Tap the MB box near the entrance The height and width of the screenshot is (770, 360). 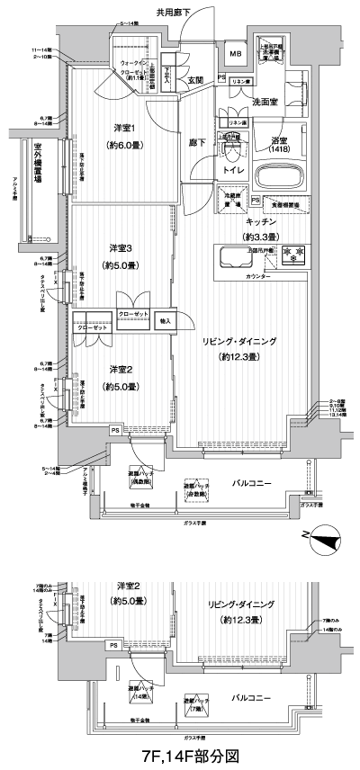coord(235,55)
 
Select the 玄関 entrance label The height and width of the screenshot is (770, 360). coord(196,81)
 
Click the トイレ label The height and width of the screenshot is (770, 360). coord(232,168)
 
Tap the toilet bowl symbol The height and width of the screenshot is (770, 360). coord(231,149)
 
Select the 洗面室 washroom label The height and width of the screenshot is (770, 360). coord(266,102)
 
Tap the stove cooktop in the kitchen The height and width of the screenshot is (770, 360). coord(292,255)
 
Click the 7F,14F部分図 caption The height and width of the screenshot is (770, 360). coord(179,756)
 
